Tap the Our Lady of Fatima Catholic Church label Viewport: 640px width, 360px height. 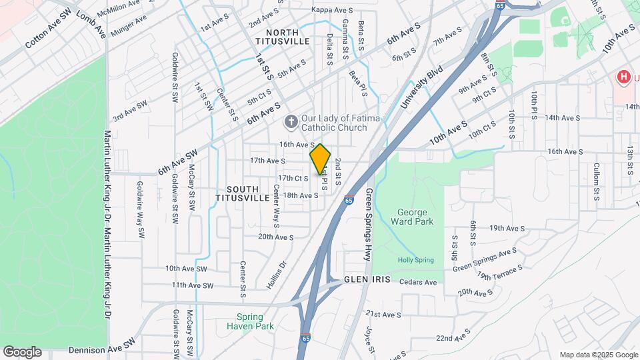[x=334, y=123]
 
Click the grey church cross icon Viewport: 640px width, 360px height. [x=291, y=122]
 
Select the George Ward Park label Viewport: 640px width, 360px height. [x=416, y=216]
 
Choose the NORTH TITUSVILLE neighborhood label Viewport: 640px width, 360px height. [x=287, y=37]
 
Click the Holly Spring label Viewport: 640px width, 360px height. [x=416, y=260]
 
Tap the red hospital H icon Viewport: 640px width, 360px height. [x=623, y=77]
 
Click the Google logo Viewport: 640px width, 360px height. [x=22, y=352]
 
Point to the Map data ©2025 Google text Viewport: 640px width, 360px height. [x=598, y=355]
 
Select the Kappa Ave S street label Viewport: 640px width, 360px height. [x=332, y=10]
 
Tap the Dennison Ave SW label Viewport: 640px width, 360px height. [x=101, y=349]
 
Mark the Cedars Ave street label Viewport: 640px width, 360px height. [x=418, y=282]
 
